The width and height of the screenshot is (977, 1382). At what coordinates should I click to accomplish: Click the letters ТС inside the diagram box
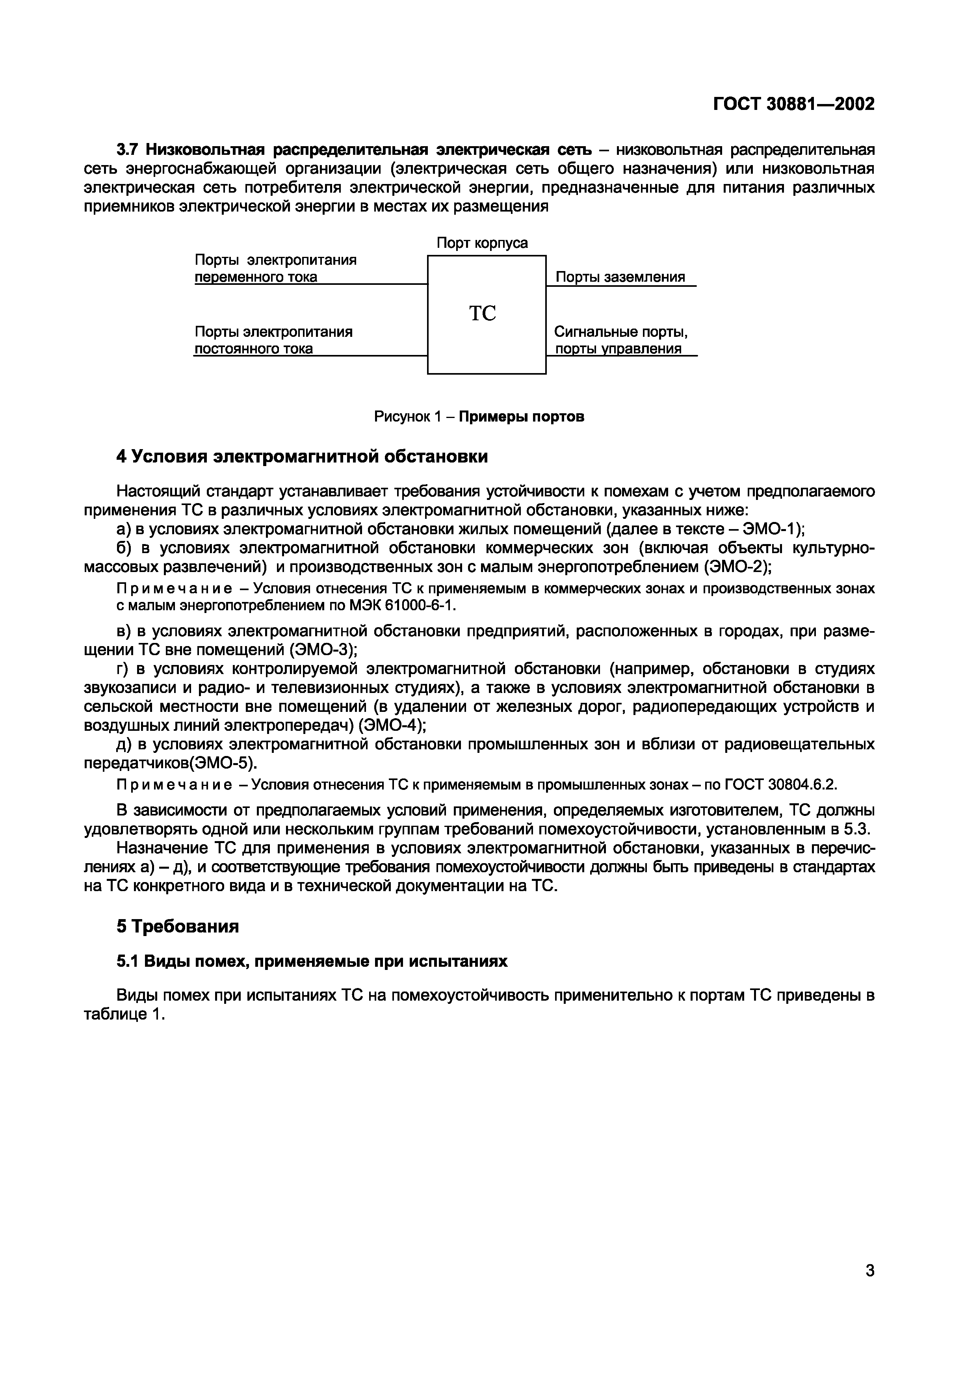pos(482,314)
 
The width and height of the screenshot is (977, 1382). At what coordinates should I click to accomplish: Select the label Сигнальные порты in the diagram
pos(620,332)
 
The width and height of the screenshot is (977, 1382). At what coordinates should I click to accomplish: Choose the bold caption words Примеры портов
pos(521,416)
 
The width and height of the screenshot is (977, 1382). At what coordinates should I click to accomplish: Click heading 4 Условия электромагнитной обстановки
pos(302,457)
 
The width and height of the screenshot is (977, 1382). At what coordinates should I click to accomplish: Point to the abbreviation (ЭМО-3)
pos(323,650)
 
